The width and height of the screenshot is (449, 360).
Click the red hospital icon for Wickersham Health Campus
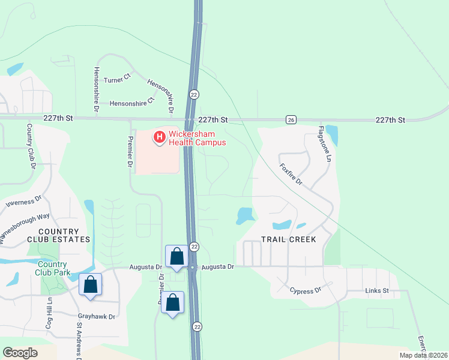point(160,138)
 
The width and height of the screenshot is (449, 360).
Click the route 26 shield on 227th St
point(291,119)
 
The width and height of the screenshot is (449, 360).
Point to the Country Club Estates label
point(58,235)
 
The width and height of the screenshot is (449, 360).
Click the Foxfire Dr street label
point(291,174)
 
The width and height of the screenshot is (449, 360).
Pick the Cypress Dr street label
point(306,291)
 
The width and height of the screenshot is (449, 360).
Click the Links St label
point(377,291)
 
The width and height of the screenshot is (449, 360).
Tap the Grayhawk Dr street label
point(95,315)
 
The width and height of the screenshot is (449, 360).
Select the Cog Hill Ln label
point(50,312)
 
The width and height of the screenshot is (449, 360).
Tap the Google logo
point(20,353)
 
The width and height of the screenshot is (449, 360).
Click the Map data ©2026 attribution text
point(423,355)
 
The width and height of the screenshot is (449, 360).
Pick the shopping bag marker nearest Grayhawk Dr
point(90,284)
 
